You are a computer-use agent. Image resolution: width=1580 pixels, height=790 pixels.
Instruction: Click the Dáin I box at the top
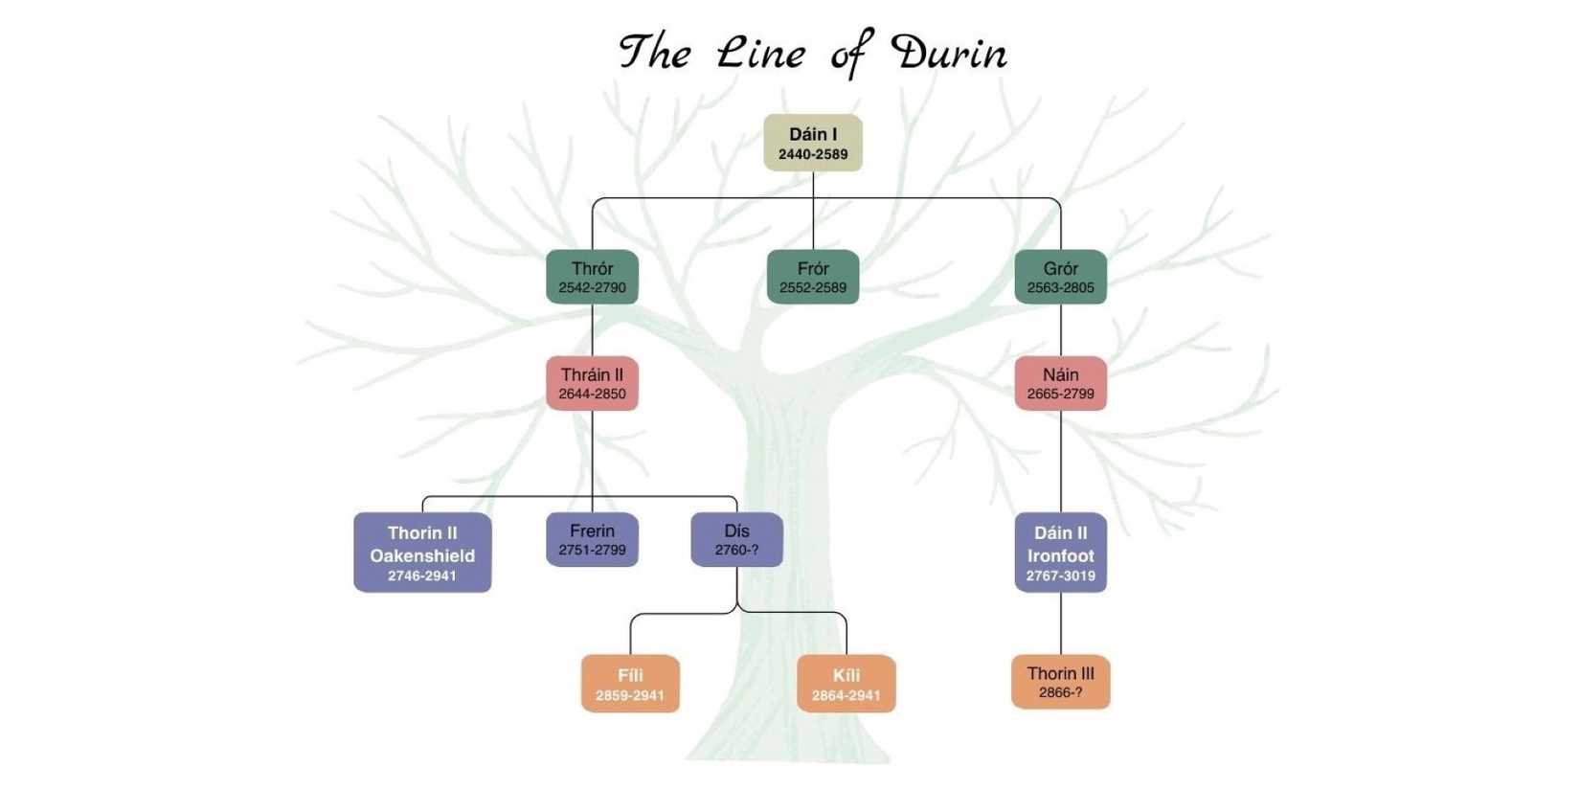(812, 143)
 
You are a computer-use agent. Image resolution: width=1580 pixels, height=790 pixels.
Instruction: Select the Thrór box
(592, 277)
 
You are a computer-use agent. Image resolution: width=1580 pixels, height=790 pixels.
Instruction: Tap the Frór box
(812, 277)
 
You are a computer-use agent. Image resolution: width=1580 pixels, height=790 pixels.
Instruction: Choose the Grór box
(1060, 277)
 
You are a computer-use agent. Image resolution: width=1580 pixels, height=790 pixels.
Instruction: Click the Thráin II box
(592, 383)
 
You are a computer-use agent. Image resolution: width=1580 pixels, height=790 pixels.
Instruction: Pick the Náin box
(1060, 383)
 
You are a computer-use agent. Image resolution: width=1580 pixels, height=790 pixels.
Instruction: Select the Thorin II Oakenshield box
(422, 552)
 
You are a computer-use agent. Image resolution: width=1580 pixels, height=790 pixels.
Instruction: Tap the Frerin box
(592, 539)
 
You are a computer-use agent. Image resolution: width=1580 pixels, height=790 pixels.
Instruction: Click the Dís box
(736, 539)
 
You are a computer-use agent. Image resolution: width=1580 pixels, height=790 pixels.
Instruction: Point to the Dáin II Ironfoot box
(1060, 552)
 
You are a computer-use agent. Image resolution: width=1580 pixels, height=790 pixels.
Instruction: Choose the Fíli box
(630, 683)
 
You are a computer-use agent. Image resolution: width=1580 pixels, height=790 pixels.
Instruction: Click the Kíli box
(846, 683)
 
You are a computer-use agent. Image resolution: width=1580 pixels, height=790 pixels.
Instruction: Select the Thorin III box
(1060, 682)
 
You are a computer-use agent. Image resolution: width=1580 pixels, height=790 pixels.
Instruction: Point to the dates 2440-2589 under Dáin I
(812, 154)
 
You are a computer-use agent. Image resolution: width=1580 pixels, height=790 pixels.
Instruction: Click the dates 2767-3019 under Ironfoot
(1060, 576)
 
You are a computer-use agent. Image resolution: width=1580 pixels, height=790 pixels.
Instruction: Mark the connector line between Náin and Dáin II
(1060, 462)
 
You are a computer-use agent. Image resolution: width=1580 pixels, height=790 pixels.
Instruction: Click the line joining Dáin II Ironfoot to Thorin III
(1060, 623)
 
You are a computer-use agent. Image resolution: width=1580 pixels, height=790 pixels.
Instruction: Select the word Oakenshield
(422, 555)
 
